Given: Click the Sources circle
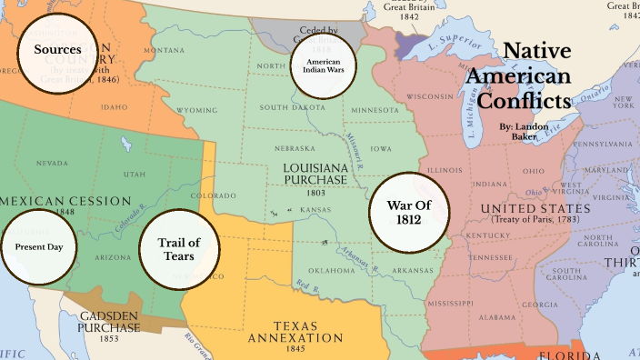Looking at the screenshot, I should pos(58,50).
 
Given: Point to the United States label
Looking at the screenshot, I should pos(535,209).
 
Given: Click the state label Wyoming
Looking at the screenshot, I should pos(197,110).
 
